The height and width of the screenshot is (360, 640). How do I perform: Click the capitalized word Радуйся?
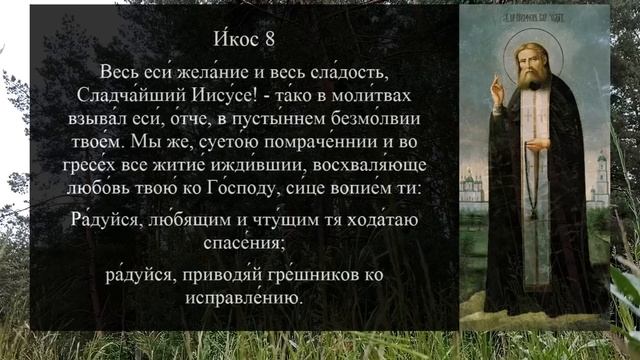(x=107, y=220)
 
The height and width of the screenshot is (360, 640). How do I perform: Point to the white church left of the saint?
(x=472, y=186)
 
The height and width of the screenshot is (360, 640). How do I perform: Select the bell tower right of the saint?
(x=601, y=180)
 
